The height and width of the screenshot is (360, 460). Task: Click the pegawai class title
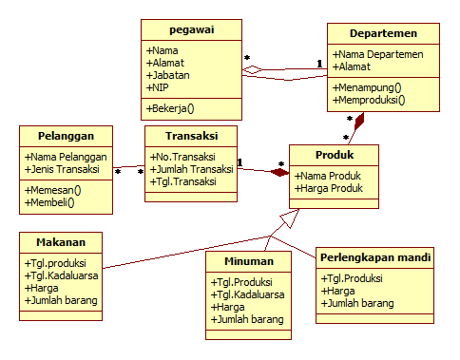click(x=191, y=30)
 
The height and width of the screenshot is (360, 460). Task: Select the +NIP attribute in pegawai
click(x=159, y=86)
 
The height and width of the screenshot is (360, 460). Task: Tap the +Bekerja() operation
click(x=171, y=108)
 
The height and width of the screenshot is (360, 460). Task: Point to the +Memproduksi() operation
click(x=369, y=99)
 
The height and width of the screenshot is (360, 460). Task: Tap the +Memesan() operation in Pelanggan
click(x=53, y=190)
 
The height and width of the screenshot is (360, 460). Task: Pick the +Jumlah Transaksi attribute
click(x=192, y=169)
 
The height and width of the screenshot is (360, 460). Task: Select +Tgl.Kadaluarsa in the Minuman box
click(x=249, y=294)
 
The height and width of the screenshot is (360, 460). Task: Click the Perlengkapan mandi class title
click(x=375, y=257)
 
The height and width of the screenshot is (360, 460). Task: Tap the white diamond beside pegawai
click(x=252, y=69)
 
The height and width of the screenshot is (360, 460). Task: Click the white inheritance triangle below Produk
click(x=290, y=222)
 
